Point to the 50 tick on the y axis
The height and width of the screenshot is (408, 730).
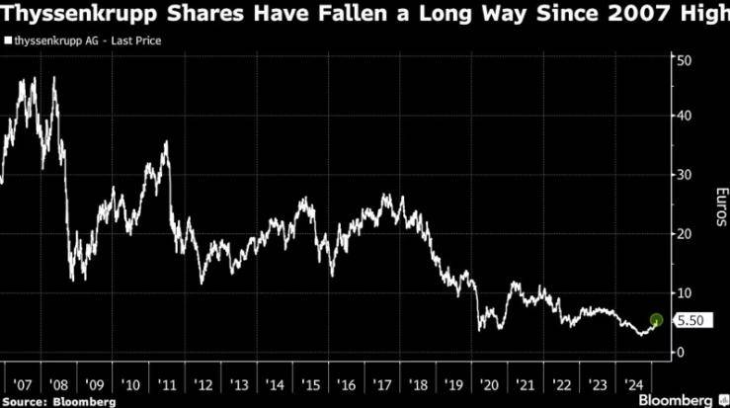[683, 59]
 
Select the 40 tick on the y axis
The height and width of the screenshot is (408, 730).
[683, 115]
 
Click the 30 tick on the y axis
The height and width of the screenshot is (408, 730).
[683, 174]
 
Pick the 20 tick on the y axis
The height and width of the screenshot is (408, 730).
[683, 233]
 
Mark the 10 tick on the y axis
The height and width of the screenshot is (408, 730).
[683, 292]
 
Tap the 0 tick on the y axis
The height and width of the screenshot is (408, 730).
[680, 352]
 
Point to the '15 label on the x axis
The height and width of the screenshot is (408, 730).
[310, 382]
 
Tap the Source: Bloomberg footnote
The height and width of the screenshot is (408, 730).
[58, 401]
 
